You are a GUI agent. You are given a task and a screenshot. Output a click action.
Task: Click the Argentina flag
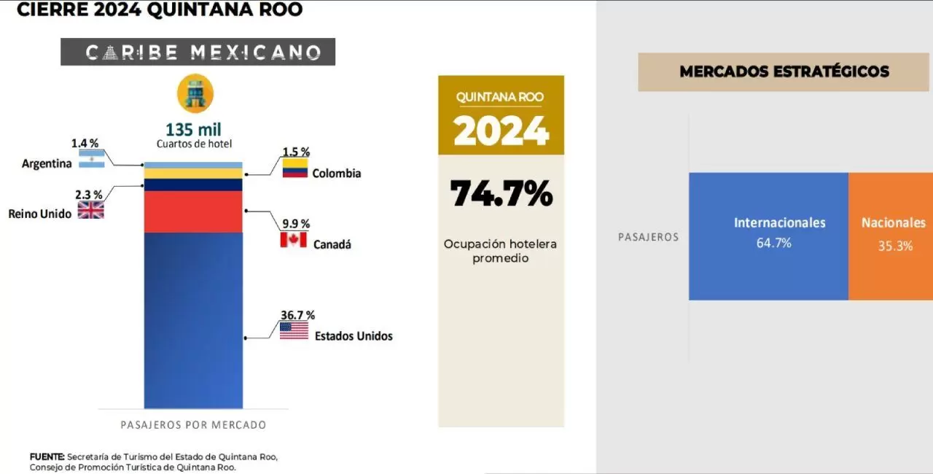[x=92, y=159]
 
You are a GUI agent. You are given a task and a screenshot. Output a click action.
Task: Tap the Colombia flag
[x=295, y=168]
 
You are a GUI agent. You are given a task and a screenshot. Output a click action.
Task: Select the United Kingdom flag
[x=91, y=210]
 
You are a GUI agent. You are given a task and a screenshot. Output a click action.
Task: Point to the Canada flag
[x=293, y=240]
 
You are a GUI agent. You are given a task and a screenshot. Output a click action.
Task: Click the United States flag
[x=294, y=331]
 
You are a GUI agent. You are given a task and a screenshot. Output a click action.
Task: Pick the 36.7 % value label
[x=297, y=315]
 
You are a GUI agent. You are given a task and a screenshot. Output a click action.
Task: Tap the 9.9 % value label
[x=296, y=224]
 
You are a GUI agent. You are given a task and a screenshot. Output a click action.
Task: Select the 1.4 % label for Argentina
[x=85, y=143]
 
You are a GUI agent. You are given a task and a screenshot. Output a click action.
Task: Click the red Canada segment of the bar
[x=193, y=211]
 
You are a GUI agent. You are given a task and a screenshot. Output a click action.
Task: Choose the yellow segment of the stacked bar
[x=193, y=174]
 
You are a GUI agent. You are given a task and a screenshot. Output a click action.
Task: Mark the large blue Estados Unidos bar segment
[x=193, y=320]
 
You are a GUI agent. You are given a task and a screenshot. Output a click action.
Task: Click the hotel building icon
[x=195, y=93]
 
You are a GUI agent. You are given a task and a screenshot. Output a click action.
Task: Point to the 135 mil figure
[x=193, y=130]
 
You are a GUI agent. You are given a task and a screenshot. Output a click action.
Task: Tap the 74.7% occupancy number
[x=501, y=194]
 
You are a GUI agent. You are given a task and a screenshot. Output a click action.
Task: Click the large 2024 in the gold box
[x=501, y=131]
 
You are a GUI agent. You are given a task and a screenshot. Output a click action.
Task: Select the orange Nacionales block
[x=891, y=236]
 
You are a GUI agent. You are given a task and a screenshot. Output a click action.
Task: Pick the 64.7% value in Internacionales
[x=774, y=243]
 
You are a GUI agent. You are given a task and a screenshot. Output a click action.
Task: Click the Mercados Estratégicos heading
[x=784, y=71]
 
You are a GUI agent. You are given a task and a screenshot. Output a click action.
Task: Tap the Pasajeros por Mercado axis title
[x=193, y=425]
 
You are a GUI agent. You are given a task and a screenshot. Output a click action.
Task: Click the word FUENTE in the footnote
[x=47, y=457]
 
